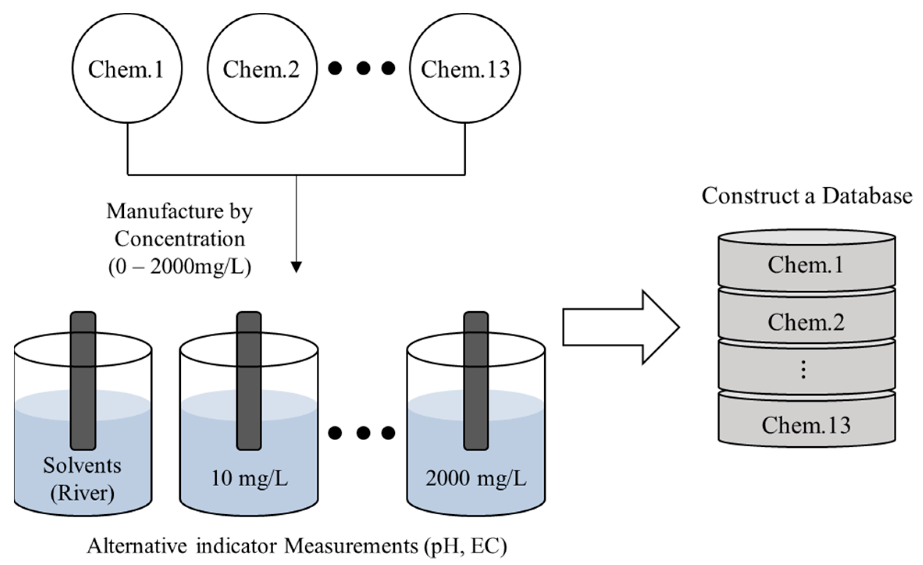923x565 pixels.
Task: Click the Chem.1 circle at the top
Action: [127, 68]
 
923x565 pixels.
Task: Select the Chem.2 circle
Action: [262, 68]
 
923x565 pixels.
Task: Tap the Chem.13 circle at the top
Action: [465, 68]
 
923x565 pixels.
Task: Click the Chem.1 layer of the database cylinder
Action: [806, 265]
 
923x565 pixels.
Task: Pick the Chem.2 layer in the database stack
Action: [806, 322]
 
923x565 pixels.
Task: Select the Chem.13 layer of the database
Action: [806, 425]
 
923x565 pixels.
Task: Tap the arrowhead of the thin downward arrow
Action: [296, 267]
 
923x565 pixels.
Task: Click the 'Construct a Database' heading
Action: [807, 196]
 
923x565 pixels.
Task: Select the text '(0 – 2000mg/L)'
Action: [180, 267]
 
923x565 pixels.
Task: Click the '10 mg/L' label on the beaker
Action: [249, 478]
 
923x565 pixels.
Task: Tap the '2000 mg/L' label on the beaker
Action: [476, 478]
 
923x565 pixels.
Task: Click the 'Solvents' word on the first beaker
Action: [82, 465]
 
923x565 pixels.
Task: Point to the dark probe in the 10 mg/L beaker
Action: [249, 380]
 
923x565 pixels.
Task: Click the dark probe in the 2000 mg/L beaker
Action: [476, 380]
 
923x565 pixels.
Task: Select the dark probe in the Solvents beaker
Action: [83, 380]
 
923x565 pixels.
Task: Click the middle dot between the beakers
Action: [363, 433]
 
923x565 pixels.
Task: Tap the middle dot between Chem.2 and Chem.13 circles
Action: [363, 68]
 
